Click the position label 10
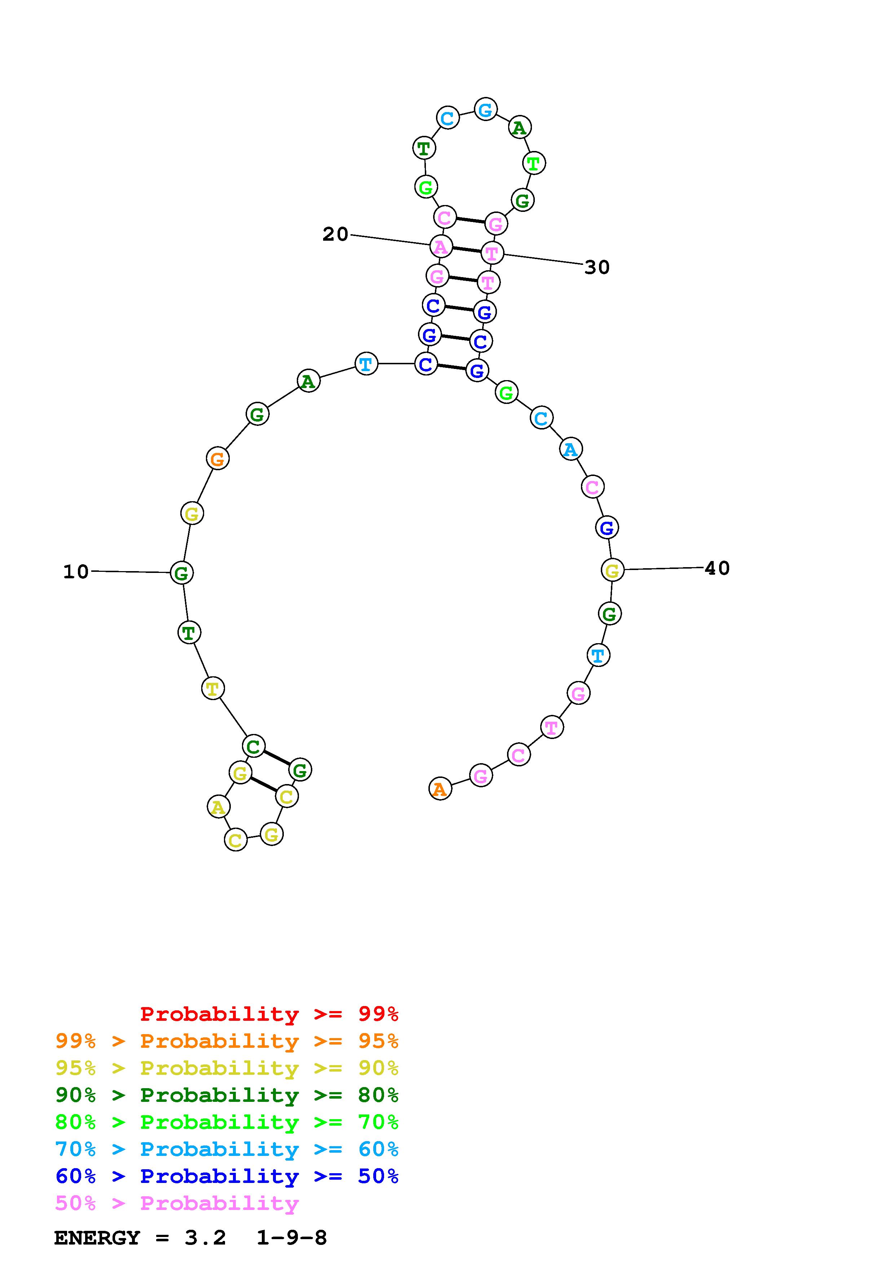point(76,572)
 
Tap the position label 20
point(335,235)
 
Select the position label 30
point(597,268)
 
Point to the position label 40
point(717,568)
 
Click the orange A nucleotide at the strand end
point(440,789)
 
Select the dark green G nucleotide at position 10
point(181,573)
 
